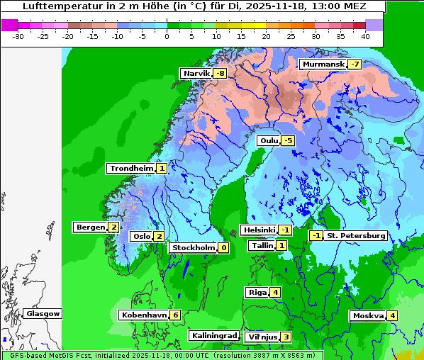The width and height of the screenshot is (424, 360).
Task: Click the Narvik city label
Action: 196,74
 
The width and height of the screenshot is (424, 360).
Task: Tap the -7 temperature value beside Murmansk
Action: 354,64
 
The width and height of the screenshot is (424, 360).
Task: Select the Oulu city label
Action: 268,140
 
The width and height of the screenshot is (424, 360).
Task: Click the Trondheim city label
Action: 130,169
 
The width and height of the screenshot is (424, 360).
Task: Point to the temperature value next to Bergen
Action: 113,227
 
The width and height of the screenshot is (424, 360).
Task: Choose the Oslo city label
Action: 141,237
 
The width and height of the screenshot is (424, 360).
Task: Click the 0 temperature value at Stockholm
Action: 223,248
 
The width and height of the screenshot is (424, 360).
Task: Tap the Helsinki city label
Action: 258,230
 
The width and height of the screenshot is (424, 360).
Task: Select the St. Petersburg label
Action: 355,235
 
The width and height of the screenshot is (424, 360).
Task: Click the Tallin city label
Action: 262,246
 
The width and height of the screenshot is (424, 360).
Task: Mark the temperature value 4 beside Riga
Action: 275,293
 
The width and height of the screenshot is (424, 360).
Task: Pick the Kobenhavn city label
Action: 143,315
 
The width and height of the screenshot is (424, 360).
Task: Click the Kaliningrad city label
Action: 213,335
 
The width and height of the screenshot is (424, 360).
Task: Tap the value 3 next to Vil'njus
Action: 286,337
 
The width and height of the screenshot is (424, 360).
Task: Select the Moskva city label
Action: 368,316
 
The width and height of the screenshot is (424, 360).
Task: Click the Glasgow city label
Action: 43,313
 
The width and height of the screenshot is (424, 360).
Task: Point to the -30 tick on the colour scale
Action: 18,35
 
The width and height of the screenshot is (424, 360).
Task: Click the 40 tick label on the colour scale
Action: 365,35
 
